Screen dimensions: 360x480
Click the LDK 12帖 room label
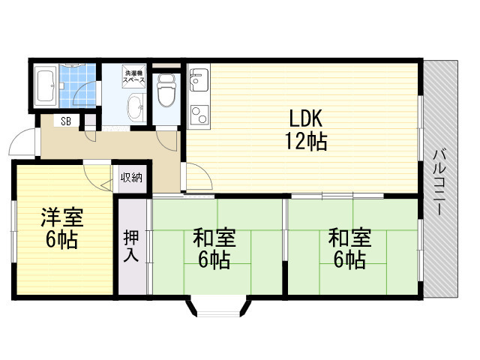coord(304,130)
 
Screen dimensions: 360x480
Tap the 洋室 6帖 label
coord(61,229)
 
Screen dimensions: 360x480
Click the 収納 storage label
coord(132,178)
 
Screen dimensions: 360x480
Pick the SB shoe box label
coord(66,121)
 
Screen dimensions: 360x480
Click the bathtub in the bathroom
coord(45,85)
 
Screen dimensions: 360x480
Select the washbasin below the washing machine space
coord(136,106)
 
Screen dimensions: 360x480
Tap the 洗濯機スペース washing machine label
coord(135,77)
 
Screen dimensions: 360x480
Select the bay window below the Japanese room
coord(216,307)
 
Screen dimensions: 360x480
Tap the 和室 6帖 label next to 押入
coord(214,250)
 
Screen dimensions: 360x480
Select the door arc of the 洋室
coord(97,177)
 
